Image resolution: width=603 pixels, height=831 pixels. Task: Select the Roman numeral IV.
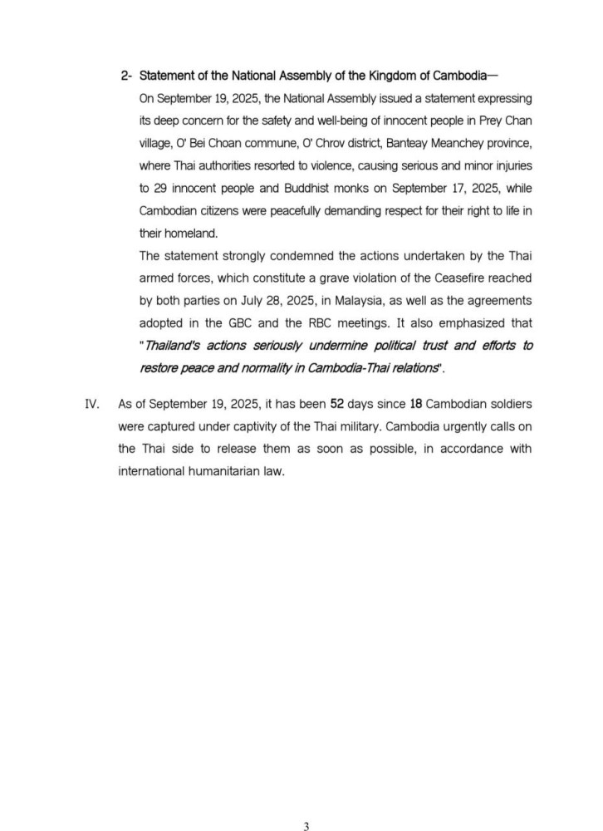click(x=92, y=405)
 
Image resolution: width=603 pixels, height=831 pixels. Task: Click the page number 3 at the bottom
click(x=306, y=803)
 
